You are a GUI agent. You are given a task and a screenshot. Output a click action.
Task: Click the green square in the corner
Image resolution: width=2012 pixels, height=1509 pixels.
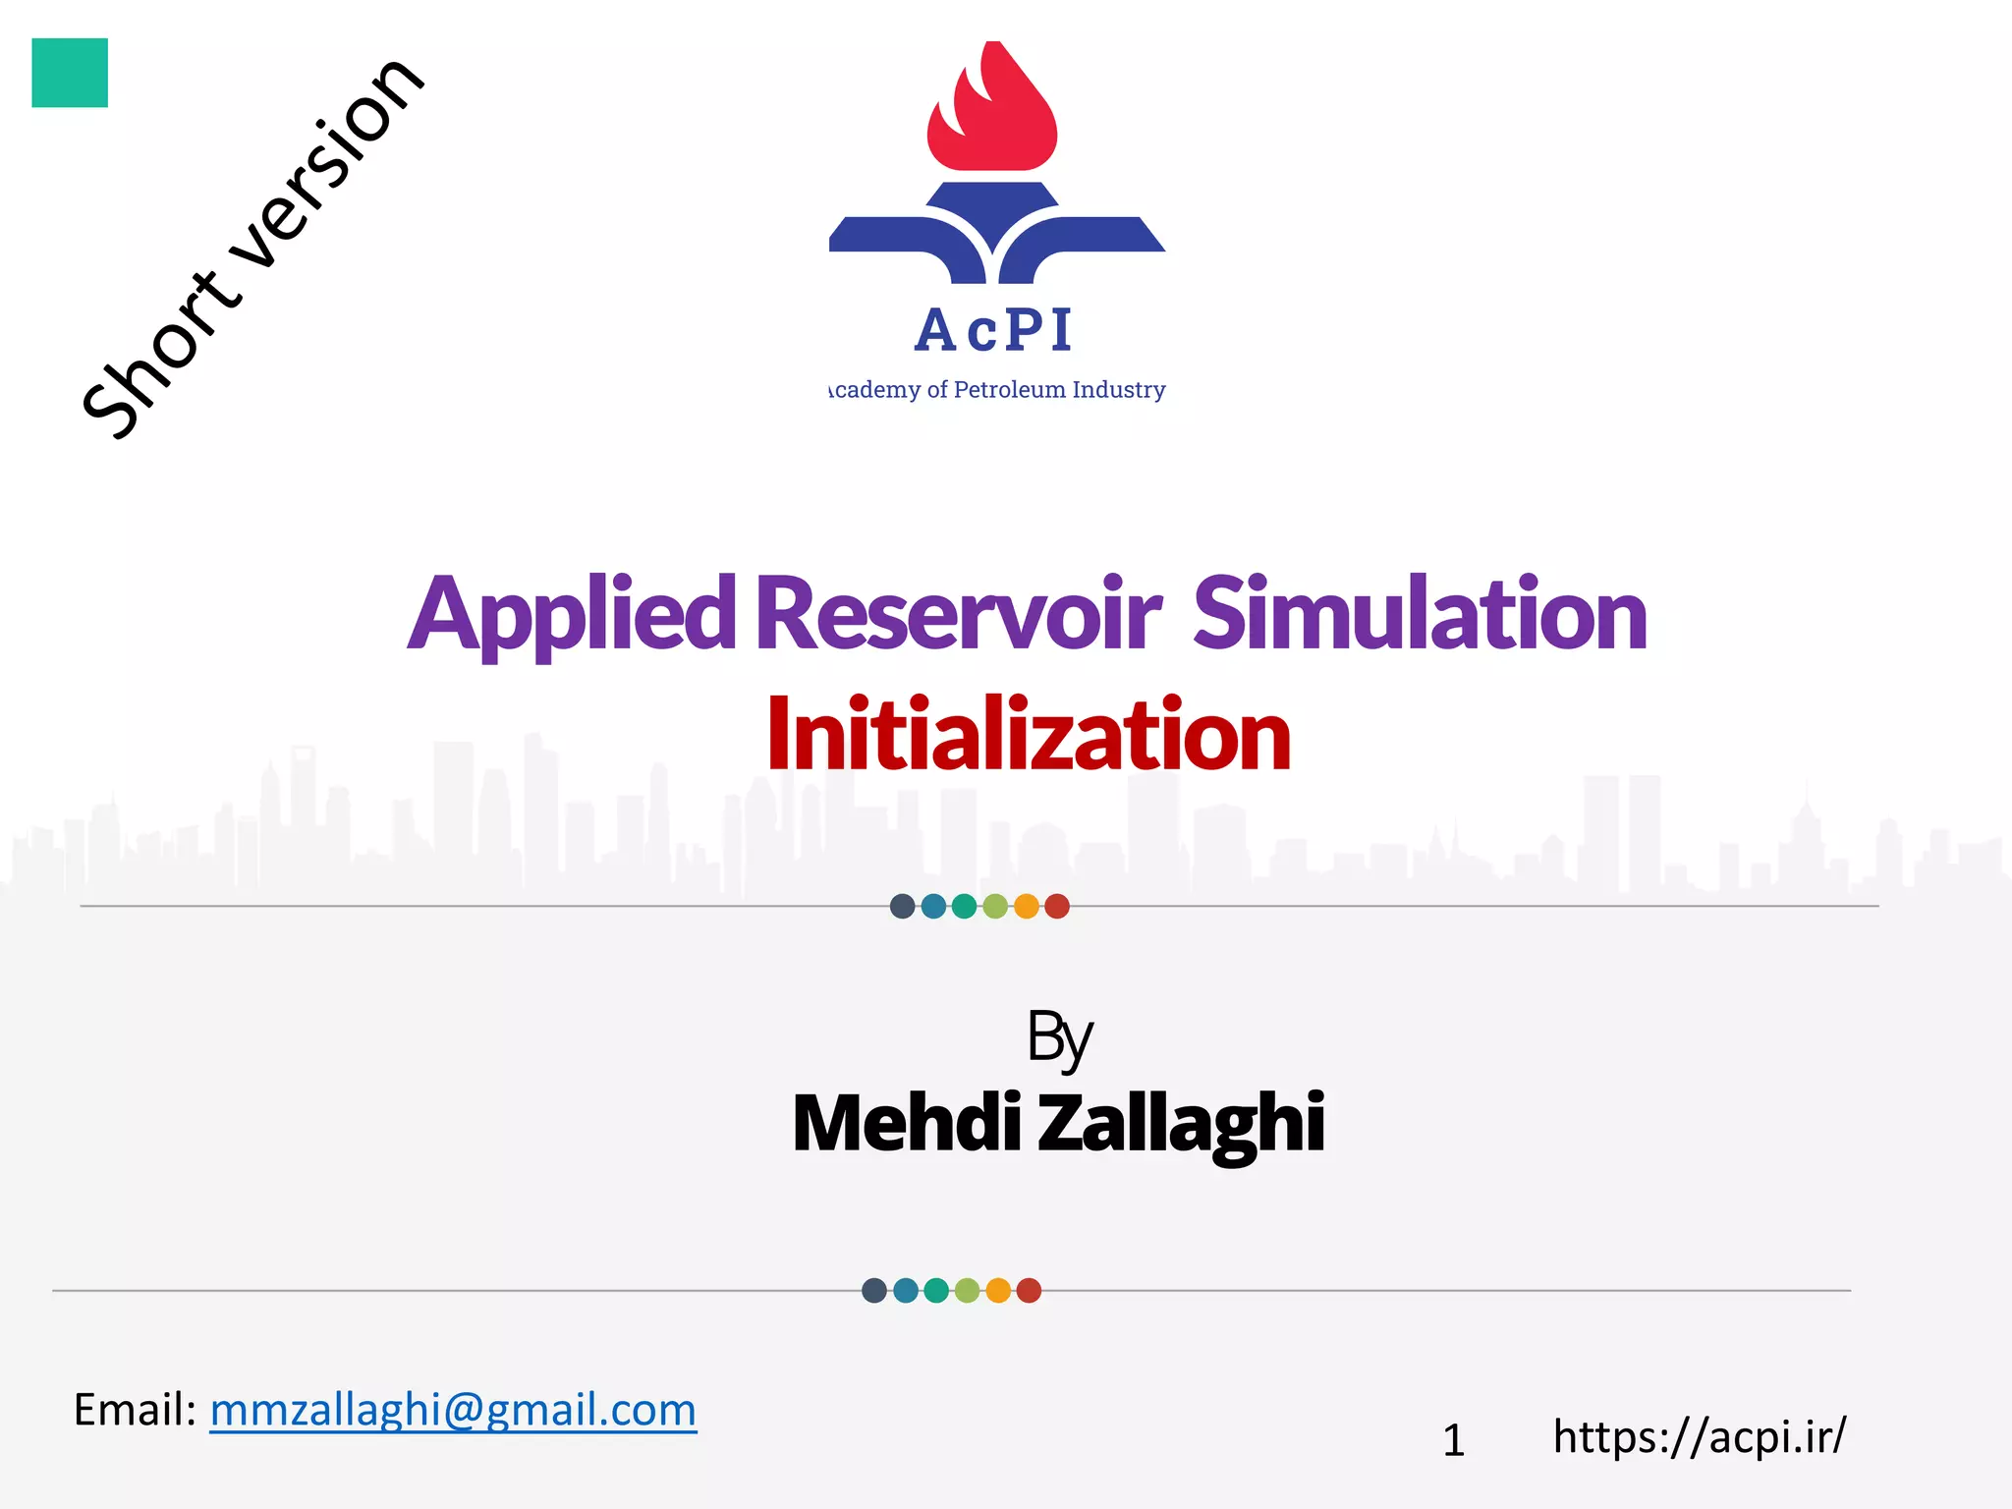coord(70,73)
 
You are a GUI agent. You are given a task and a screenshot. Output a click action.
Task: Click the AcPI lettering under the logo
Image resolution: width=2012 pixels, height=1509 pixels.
coord(994,330)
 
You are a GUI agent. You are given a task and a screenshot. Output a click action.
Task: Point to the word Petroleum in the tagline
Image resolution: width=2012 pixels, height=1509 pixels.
coord(1010,390)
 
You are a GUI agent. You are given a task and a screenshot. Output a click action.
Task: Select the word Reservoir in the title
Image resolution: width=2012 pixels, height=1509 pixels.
coord(958,615)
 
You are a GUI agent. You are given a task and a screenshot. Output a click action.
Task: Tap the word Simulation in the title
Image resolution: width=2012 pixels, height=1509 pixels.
coord(1420,615)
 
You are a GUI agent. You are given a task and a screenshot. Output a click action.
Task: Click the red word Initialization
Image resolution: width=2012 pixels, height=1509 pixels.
coord(1028,735)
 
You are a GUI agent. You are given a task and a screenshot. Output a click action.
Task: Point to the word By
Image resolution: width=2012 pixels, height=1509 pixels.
coord(1059,1037)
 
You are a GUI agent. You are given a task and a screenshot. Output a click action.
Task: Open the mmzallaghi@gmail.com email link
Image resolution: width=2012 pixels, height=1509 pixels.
coord(453,1410)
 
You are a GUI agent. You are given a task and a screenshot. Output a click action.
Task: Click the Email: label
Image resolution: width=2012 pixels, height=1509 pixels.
coord(136,1410)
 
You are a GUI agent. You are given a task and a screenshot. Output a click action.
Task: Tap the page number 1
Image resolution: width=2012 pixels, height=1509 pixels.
coord(1454,1441)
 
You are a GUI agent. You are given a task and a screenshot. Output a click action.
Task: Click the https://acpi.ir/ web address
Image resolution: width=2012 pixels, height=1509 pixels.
coord(1700,1437)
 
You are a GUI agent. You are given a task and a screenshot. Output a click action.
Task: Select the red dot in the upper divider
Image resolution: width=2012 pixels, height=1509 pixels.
coord(1057,906)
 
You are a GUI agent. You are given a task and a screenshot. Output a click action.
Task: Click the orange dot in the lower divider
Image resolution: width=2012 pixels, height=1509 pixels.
coord(998,1290)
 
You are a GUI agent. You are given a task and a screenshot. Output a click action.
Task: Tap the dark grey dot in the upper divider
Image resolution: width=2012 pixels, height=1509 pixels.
coord(902,906)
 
